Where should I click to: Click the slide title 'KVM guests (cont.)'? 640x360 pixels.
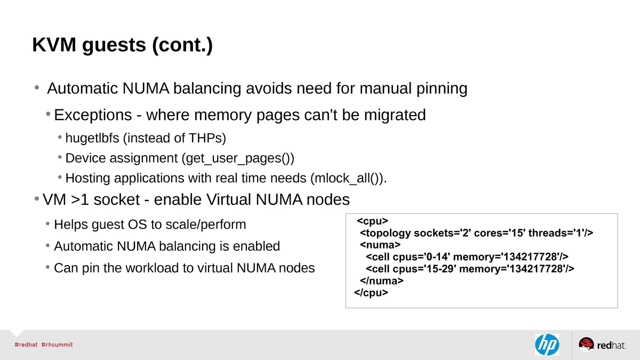click(122, 45)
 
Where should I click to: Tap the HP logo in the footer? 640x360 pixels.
click(547, 345)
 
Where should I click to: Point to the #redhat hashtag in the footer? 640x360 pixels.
click(26, 345)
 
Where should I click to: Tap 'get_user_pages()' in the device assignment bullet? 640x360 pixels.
click(238, 158)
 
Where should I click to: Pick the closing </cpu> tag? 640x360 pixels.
click(371, 293)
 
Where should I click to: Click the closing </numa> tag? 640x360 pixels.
click(382, 281)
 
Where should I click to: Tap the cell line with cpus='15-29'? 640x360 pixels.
click(470, 269)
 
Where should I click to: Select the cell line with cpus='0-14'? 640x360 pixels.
click(467, 257)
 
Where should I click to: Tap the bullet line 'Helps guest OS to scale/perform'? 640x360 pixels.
click(150, 225)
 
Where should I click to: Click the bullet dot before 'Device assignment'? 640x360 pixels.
click(60, 158)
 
